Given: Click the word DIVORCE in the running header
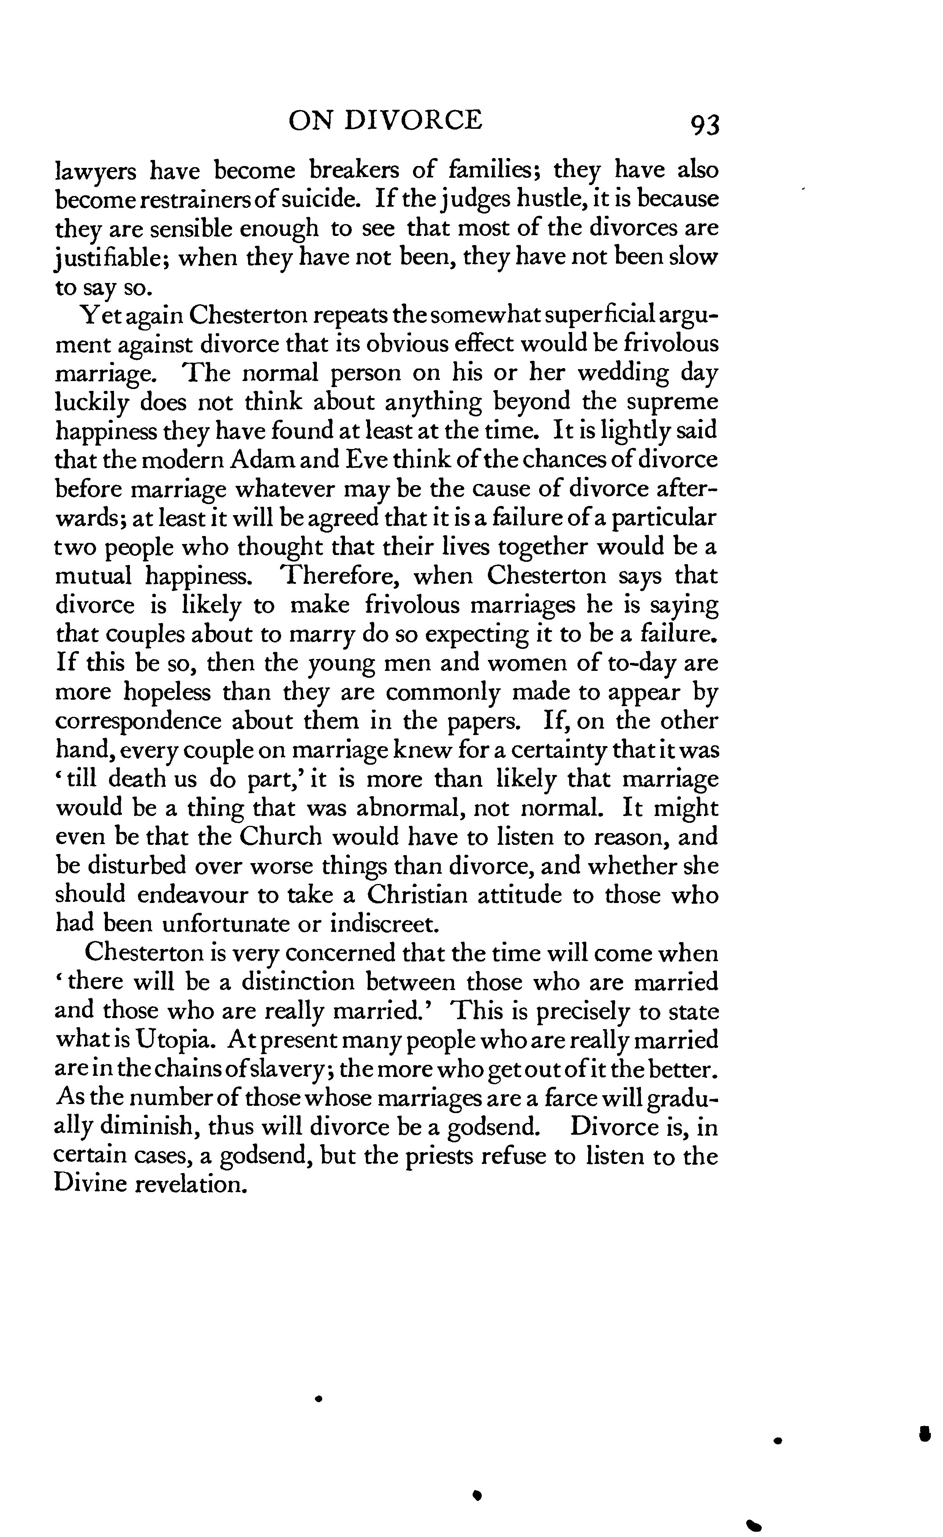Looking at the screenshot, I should pos(413,120).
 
